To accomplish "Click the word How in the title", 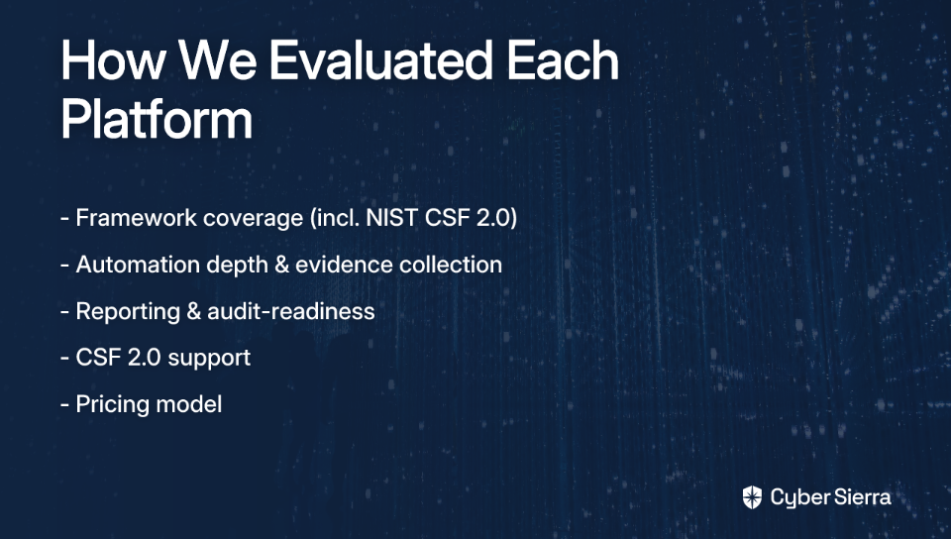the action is click(x=113, y=60).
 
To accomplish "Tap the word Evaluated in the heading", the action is click(x=380, y=60).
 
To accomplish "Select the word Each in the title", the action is click(x=563, y=60).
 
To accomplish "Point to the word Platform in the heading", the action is click(x=157, y=119).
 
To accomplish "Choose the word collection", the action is click(x=451, y=265).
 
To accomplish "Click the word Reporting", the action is click(x=128, y=312).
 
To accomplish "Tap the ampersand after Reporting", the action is click(x=194, y=312).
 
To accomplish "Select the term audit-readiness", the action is click(x=291, y=311).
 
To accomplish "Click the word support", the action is click(x=209, y=359).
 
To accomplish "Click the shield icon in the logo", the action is click(x=752, y=497).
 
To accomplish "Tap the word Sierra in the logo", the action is click(x=863, y=497).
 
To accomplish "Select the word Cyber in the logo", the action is click(x=800, y=498).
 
